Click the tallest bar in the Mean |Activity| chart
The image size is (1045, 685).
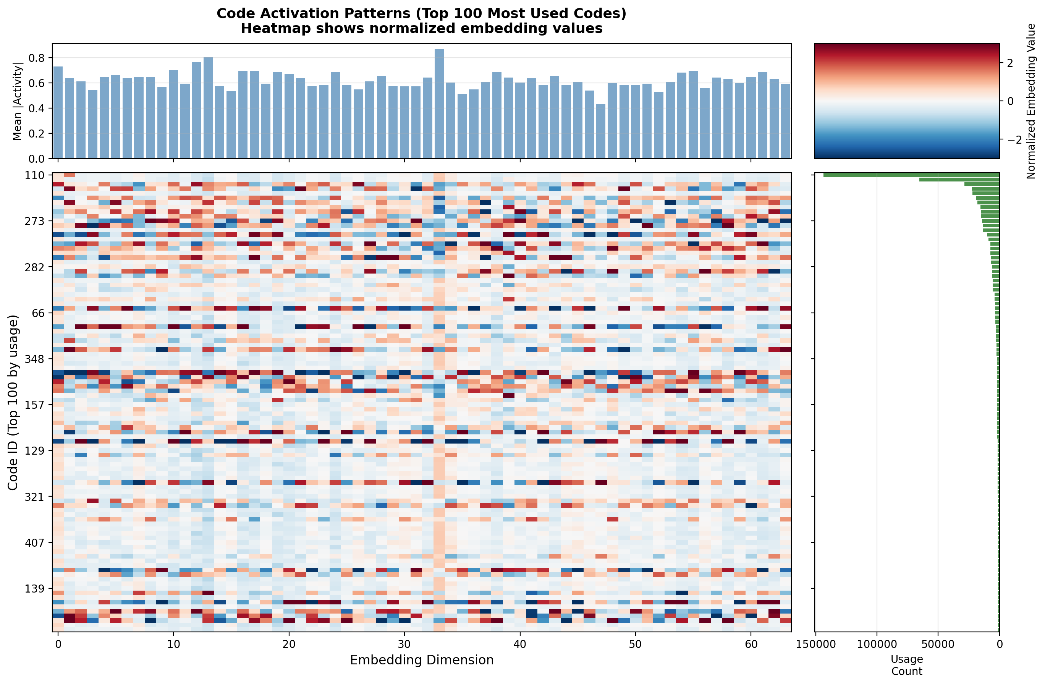439,104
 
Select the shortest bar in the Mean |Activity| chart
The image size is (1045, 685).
601,131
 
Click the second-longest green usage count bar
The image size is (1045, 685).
959,180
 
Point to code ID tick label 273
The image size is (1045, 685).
35,221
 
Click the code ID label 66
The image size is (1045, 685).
38,313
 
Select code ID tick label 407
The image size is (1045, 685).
35,543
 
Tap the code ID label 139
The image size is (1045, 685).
35,589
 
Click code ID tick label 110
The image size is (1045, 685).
35,176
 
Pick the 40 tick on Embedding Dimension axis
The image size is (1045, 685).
520,644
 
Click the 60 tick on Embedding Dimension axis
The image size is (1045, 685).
751,644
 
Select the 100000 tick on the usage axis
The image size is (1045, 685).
877,644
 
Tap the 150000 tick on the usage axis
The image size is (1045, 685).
815,644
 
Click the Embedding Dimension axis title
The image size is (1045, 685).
422,660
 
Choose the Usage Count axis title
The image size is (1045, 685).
907,665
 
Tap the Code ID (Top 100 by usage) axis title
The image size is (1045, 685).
13,402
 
